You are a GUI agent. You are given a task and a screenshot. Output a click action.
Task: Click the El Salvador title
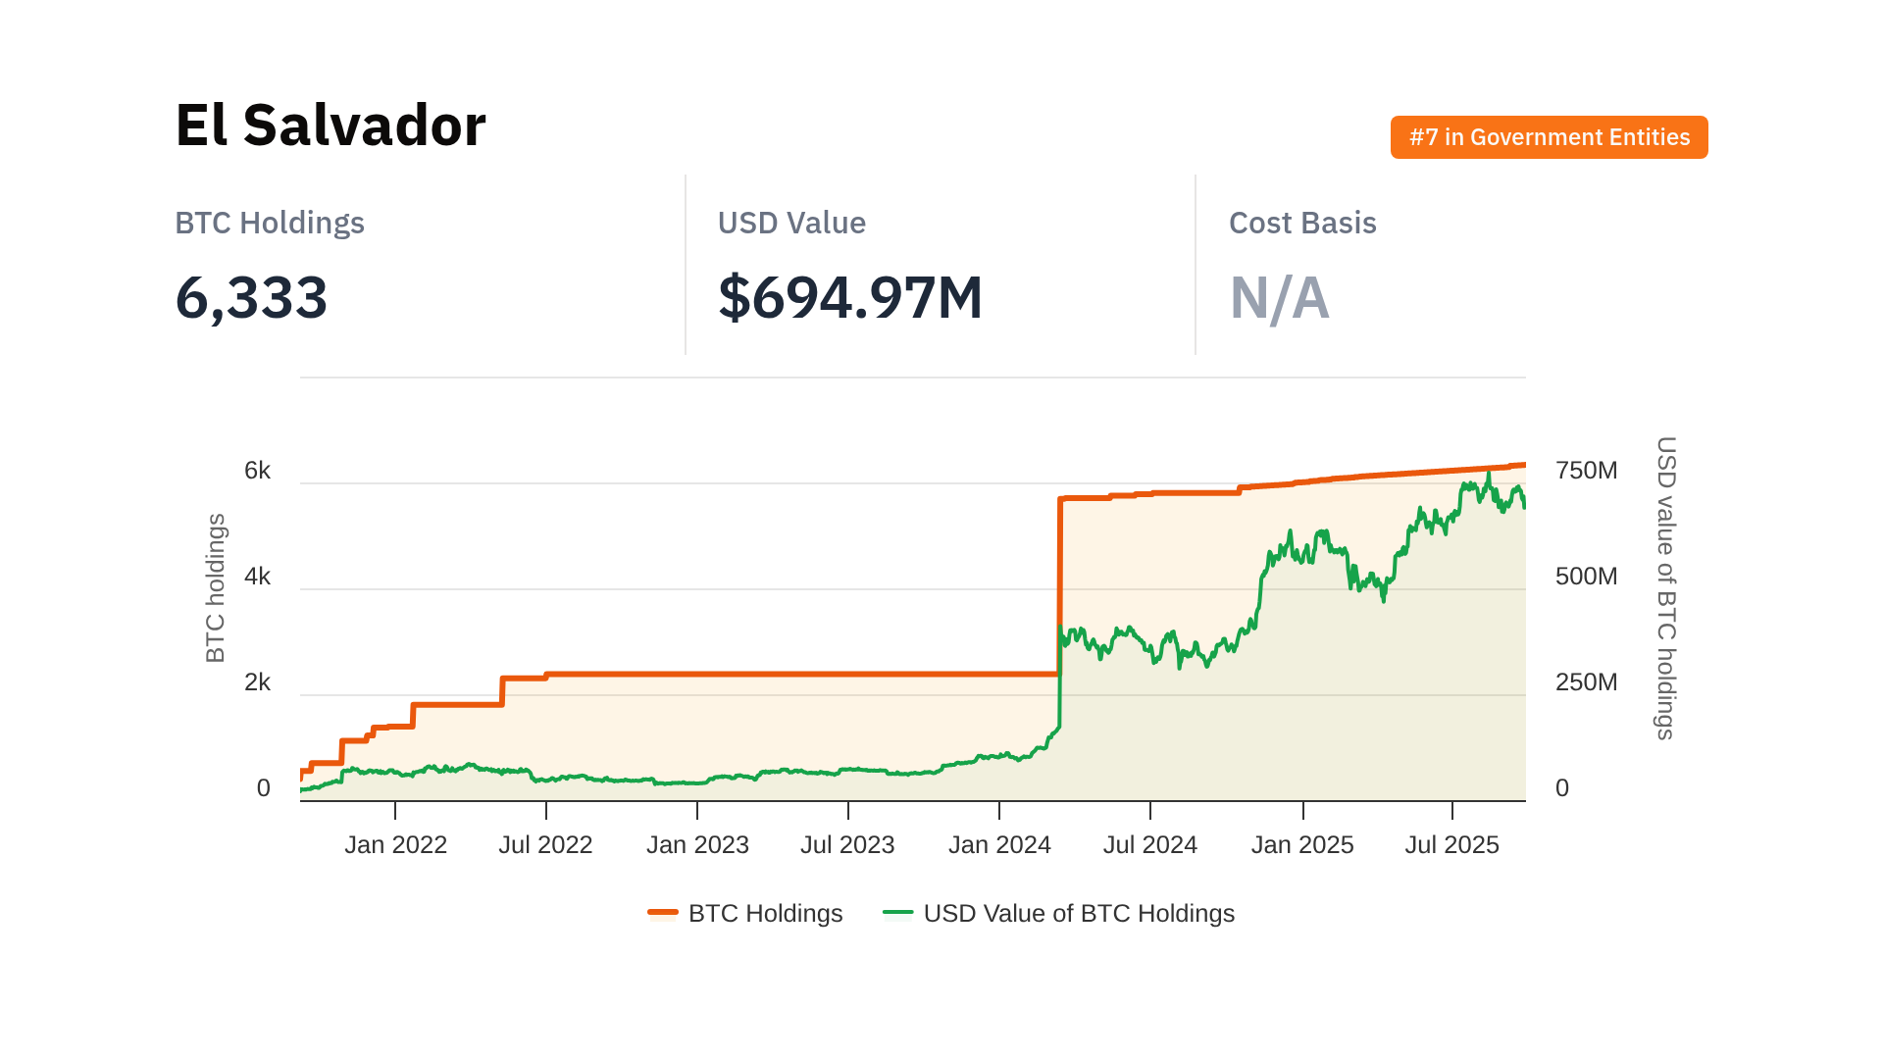click(x=330, y=126)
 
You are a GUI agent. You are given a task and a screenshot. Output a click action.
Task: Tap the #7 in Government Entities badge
click(x=1549, y=137)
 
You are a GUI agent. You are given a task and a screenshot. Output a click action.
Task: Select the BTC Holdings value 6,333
click(x=251, y=297)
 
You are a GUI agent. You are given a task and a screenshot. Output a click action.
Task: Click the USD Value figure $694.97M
click(x=849, y=297)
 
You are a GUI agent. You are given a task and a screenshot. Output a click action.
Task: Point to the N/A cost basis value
click(x=1279, y=297)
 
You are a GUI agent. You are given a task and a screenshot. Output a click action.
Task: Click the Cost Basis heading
click(x=1301, y=224)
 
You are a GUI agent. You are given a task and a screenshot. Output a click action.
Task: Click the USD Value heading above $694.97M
click(x=790, y=224)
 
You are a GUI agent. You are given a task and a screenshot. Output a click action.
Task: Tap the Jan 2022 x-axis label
click(x=395, y=844)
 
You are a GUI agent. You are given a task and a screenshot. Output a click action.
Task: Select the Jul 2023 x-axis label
click(x=847, y=844)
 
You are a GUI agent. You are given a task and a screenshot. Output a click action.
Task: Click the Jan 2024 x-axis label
click(x=999, y=844)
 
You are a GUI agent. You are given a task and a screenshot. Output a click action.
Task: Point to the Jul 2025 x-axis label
click(x=1451, y=844)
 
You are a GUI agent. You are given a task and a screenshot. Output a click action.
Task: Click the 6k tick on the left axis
click(x=257, y=471)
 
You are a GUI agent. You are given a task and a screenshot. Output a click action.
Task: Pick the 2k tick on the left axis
click(x=257, y=682)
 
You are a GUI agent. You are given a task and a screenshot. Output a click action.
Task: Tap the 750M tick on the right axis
click(x=1586, y=471)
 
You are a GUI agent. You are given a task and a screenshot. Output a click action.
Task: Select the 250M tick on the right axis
click(x=1586, y=682)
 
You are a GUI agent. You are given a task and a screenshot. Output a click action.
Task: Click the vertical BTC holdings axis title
click(x=216, y=588)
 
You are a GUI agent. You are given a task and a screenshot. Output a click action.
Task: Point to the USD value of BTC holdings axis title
click(x=1665, y=588)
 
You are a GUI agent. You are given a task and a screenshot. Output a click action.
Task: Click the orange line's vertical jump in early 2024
click(x=1060, y=588)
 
